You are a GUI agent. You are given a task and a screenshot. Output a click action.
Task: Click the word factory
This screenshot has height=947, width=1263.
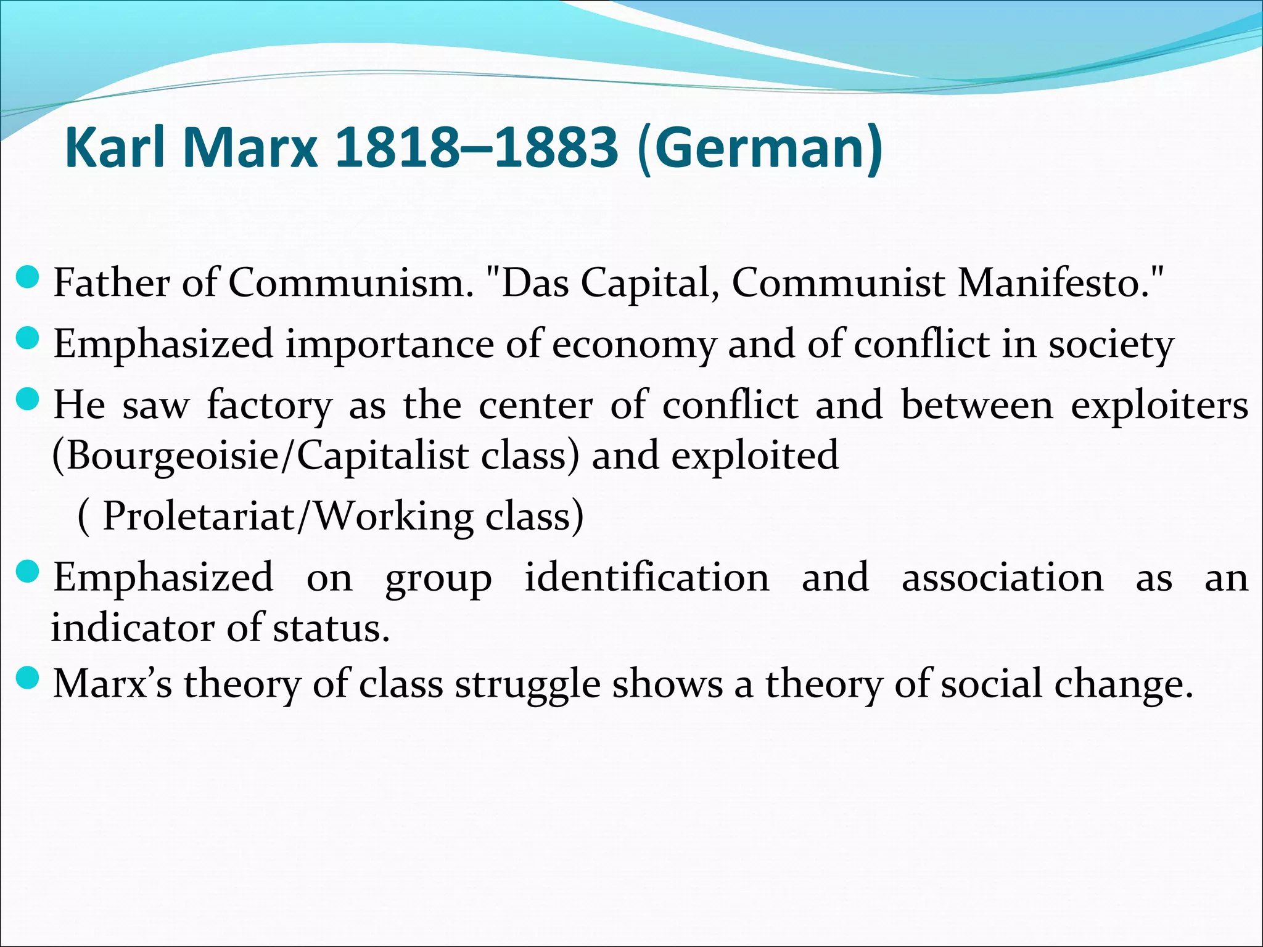[269, 406]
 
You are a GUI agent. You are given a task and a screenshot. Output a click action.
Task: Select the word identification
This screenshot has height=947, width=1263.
[647, 578]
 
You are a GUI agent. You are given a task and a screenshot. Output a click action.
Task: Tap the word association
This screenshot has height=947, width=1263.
[1003, 578]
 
